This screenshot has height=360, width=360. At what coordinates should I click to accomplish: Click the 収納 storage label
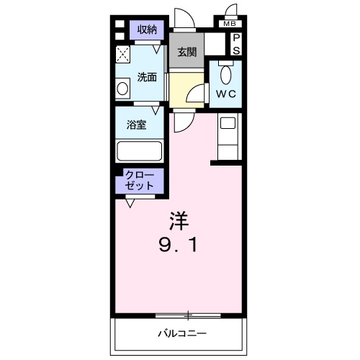pos(147,30)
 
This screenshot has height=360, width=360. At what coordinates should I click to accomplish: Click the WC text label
pos(225,94)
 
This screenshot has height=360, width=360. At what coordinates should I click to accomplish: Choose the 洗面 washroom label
pos(148,77)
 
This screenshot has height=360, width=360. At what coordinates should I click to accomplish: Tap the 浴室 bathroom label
pos(137,125)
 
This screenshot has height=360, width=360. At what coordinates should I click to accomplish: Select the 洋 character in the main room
pos(178,217)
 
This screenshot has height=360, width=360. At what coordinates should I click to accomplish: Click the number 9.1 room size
pos(178,244)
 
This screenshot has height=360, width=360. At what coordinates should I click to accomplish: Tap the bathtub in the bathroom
pos(139,151)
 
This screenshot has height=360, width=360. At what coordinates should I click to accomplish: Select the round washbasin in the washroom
pos(123,89)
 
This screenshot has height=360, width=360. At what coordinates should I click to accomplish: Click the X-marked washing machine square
pos(123,53)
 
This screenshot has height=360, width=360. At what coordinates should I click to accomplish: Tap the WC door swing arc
pos(196,95)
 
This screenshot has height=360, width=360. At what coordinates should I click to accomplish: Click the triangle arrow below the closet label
pos(130,204)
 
